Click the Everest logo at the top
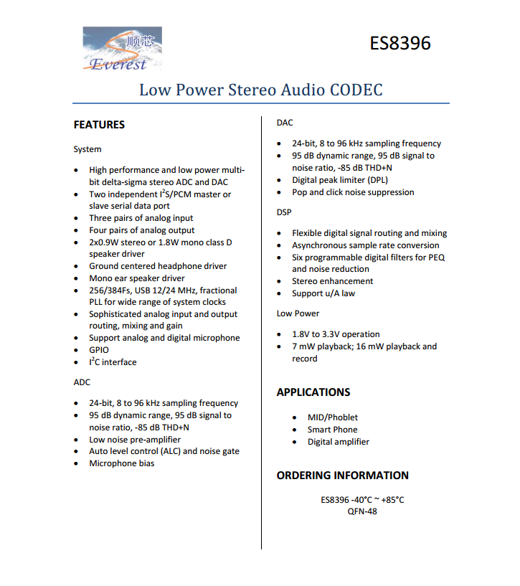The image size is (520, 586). (122, 49)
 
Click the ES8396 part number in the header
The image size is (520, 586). (400, 43)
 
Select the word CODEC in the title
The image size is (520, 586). (356, 90)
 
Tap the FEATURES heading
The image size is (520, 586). (99, 125)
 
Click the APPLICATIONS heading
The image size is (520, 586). (313, 392)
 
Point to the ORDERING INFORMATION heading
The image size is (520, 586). (343, 476)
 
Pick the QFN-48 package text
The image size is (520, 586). (362, 511)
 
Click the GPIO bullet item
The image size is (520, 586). (99, 350)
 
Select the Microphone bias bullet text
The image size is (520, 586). (121, 463)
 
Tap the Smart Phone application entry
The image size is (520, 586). (332, 430)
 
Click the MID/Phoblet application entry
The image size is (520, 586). (333, 417)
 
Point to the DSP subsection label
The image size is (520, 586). (284, 212)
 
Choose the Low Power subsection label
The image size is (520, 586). (298, 313)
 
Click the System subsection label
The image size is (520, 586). (88, 149)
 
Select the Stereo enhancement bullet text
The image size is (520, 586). (332, 281)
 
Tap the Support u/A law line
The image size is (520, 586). (323, 293)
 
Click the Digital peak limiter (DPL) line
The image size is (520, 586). (340, 180)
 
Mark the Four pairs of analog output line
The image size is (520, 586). (141, 230)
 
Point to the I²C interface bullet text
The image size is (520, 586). (113, 362)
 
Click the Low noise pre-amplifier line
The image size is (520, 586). (135, 440)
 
